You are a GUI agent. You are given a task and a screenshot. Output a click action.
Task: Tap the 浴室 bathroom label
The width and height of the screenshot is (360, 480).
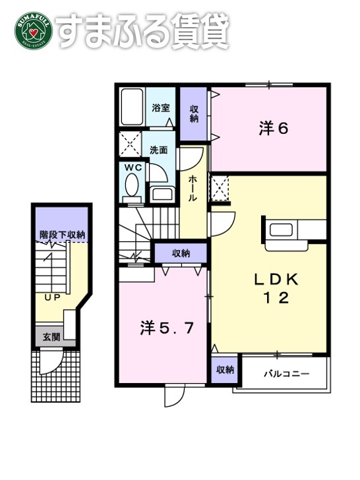click(161, 107)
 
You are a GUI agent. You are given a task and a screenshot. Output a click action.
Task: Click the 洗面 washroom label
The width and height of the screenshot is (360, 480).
click(158, 150)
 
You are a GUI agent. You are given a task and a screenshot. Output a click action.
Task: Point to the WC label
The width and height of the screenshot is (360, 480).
click(134, 167)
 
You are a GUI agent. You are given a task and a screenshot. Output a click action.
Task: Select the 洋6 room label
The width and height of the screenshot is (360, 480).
click(274, 128)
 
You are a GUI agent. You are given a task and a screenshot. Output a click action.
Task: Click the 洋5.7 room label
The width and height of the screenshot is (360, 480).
click(167, 328)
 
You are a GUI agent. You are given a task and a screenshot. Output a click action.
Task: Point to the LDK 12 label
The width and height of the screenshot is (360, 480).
click(277, 289)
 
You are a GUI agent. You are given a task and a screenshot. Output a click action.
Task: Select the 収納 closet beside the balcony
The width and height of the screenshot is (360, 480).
click(225, 370)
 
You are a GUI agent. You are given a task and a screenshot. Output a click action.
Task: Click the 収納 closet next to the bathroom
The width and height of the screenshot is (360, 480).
click(195, 113)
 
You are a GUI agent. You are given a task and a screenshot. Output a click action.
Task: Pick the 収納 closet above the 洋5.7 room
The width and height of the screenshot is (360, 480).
click(181, 253)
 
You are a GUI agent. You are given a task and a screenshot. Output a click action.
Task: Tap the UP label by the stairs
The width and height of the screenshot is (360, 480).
click(53, 297)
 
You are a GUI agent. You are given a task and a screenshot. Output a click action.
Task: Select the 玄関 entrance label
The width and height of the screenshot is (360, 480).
click(51, 337)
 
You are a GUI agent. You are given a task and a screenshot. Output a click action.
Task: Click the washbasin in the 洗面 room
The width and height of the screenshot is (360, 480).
click(160, 194)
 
